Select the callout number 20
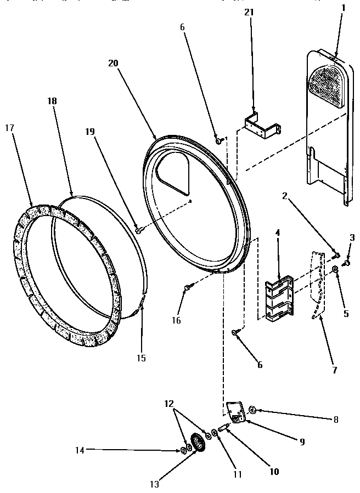click(x=113, y=64)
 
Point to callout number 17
click(x=10, y=128)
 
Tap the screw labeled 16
click(x=188, y=286)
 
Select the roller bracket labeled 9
click(x=235, y=412)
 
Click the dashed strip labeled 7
click(x=317, y=285)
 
